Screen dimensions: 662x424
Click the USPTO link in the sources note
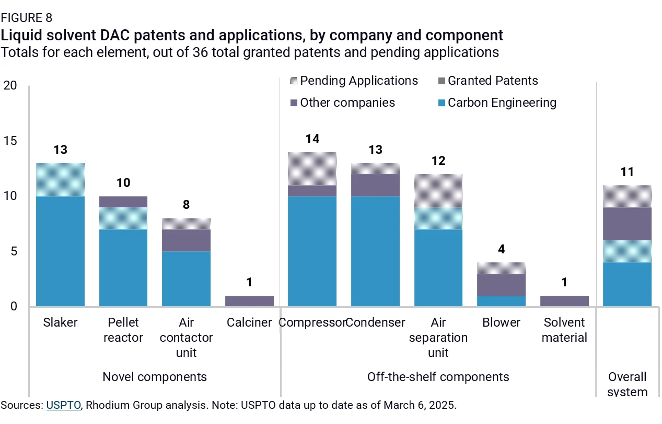click(x=64, y=405)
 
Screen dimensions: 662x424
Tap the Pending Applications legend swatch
click(x=294, y=81)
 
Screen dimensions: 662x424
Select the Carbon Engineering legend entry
click(x=497, y=103)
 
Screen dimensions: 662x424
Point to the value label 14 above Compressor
click(x=312, y=139)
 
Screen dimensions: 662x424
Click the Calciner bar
click(x=249, y=301)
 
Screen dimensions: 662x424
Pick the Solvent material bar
click(x=564, y=301)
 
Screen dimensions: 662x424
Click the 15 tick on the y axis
click(x=10, y=141)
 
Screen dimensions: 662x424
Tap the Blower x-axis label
click(x=501, y=322)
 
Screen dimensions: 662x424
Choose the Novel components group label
click(x=155, y=377)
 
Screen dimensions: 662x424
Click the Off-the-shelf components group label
click(x=438, y=377)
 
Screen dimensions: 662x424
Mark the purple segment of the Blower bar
click(x=501, y=285)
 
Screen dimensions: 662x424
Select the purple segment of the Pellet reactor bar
click(x=123, y=202)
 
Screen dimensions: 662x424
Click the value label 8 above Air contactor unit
click(x=186, y=205)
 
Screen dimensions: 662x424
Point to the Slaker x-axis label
click(x=60, y=322)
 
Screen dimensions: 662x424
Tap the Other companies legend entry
click(x=343, y=103)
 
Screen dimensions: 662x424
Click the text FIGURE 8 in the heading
click(x=27, y=18)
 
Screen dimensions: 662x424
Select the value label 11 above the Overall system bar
click(x=627, y=172)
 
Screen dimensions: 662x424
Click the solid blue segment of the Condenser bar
click(x=375, y=251)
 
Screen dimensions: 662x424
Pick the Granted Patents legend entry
click(x=488, y=81)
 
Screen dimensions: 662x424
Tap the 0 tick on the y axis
click(x=14, y=306)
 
